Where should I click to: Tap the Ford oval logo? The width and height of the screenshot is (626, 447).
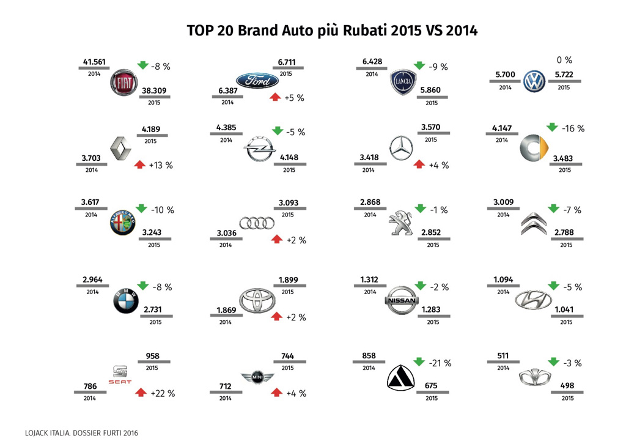[257, 81]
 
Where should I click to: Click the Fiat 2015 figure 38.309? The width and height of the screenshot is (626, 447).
[153, 91]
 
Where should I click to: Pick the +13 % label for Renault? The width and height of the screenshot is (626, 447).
[161, 165]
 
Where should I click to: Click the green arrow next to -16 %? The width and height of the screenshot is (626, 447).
[553, 127]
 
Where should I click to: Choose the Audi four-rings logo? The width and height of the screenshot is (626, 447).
[252, 224]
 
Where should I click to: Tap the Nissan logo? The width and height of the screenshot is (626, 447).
[401, 300]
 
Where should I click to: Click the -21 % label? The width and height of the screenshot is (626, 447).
[440, 363]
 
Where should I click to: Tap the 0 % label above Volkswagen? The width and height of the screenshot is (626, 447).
[564, 60]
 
